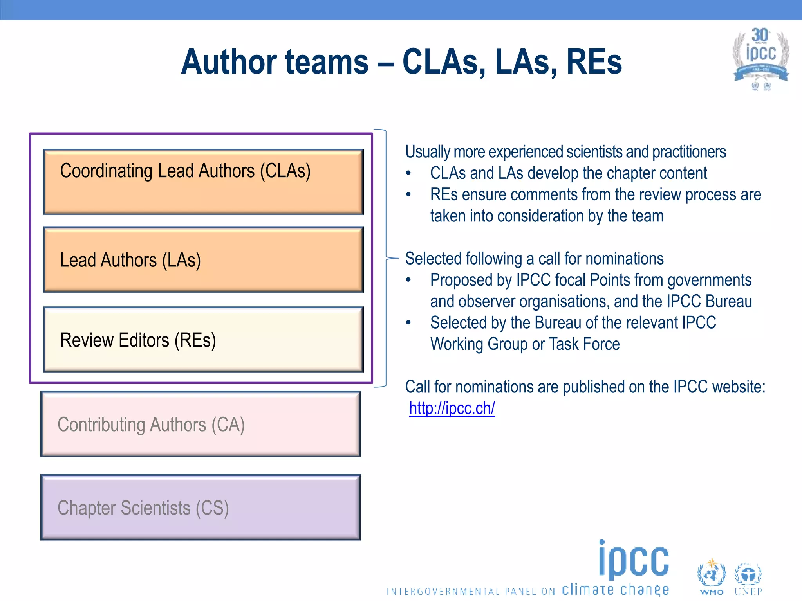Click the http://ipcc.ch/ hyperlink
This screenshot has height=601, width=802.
(x=452, y=408)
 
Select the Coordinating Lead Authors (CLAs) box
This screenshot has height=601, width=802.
(x=203, y=182)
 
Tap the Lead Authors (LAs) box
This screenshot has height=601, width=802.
(x=203, y=260)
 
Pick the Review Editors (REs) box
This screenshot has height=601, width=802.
(x=203, y=340)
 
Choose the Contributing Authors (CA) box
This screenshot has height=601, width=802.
(x=200, y=425)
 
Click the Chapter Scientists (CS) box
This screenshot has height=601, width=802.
(x=200, y=507)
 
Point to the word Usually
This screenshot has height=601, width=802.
(x=427, y=152)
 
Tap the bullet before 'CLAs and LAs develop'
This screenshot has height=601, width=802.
(x=408, y=173)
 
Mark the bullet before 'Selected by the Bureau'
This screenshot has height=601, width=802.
(x=408, y=323)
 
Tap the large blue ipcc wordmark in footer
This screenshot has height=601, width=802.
(x=634, y=560)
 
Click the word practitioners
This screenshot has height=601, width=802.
(x=689, y=152)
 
